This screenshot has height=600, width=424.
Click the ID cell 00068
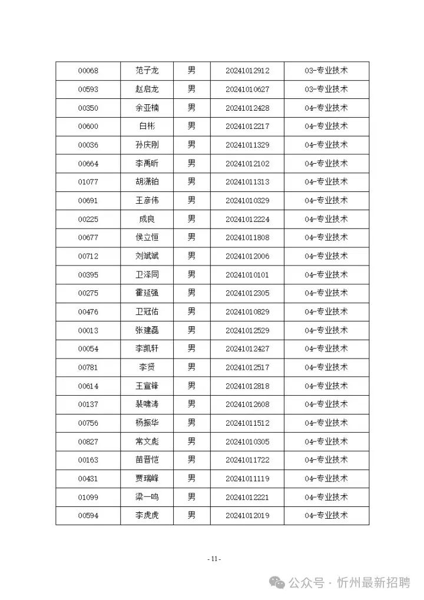point(88,71)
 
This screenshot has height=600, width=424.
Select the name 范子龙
point(147,71)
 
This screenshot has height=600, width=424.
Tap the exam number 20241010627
point(247,89)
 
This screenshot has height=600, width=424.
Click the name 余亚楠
point(147,108)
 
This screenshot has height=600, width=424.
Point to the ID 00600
point(88,127)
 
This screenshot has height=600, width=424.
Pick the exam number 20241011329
point(247,145)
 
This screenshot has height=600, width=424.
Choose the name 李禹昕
point(147,164)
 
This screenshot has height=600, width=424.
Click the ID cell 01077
point(88,182)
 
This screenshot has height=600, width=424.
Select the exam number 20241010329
point(247,201)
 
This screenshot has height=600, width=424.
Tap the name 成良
point(147,219)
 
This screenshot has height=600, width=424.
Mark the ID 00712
point(88,256)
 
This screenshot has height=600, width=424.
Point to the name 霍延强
point(147,293)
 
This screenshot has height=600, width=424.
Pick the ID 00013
point(88,330)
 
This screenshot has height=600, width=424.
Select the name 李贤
point(147,367)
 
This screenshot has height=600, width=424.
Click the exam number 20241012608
point(247,405)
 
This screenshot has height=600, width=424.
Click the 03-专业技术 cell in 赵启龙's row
point(326,89)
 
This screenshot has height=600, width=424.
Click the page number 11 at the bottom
point(214,559)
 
